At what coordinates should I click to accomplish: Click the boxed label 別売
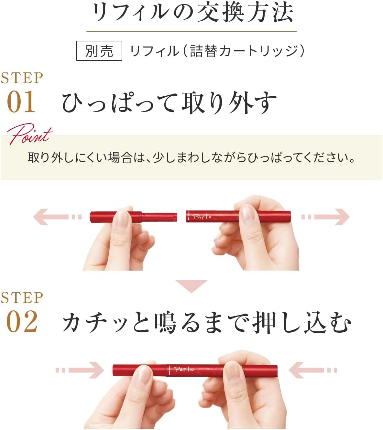[x=99, y=51]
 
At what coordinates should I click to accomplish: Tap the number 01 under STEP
[x=21, y=102]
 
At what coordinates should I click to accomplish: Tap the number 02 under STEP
[x=22, y=322]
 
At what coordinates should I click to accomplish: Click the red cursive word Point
[x=29, y=134]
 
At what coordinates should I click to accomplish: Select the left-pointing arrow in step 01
[x=57, y=217]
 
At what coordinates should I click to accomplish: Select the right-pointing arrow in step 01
[x=326, y=217]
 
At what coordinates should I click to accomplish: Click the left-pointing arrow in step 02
[x=312, y=370]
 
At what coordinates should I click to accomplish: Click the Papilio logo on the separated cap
[x=202, y=216]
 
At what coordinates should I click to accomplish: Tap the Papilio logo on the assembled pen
[x=184, y=369]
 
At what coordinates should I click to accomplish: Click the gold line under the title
[x=191, y=31]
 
